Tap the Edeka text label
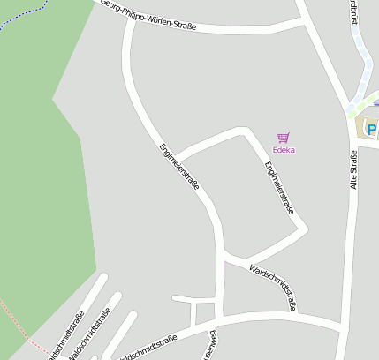284,150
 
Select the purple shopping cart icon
283,138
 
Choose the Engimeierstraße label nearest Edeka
279,188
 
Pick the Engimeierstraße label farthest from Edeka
179,167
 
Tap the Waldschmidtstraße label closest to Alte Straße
273,287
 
